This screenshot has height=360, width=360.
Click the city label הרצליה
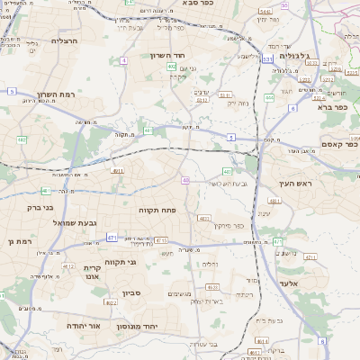65,40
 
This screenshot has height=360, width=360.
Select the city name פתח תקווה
156,210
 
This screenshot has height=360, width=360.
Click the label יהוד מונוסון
164,325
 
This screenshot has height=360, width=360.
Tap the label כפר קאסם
339,144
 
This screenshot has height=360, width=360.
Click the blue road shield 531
268,59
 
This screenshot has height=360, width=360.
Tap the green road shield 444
269,96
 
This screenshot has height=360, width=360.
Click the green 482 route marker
22,139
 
